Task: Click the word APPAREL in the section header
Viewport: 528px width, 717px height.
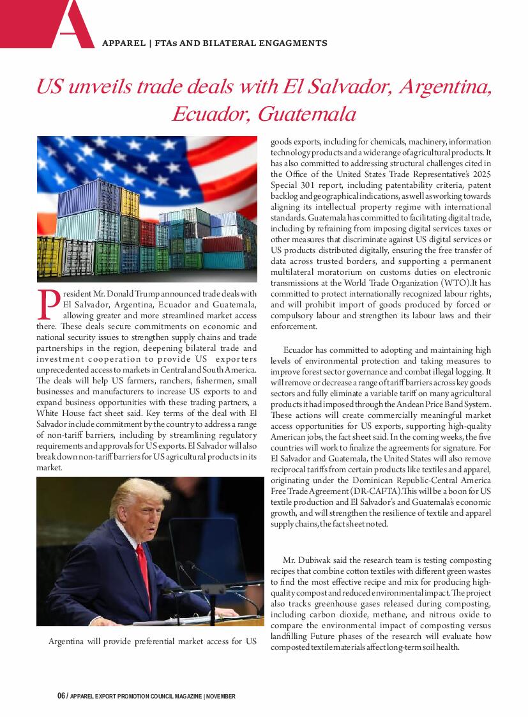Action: click(x=123, y=43)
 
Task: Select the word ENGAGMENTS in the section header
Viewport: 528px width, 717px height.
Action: click(x=296, y=43)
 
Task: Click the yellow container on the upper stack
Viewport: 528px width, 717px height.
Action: click(x=130, y=203)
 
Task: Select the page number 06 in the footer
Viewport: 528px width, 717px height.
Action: click(x=61, y=696)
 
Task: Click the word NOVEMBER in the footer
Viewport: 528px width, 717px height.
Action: click(x=221, y=696)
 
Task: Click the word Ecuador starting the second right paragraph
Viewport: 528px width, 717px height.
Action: click(x=298, y=350)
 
